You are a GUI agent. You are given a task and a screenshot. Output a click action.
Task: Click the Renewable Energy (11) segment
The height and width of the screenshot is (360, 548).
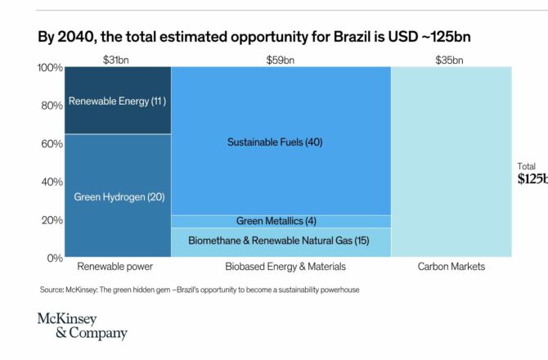pos(118,101)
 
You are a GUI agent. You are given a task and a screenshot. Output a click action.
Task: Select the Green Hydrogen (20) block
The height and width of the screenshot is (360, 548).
pos(118,196)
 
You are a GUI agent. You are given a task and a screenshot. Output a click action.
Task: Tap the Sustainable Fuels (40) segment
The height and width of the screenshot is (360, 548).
pos(281,142)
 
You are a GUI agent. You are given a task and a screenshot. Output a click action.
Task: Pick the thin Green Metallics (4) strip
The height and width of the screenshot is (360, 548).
pos(281,221)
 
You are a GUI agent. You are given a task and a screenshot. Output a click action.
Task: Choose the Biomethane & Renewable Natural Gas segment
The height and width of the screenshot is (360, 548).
pos(281,241)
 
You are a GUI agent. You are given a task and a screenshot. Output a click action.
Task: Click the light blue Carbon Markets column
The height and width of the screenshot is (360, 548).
pos(451,164)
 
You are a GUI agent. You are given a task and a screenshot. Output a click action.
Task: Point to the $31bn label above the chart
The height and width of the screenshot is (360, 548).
pos(116,59)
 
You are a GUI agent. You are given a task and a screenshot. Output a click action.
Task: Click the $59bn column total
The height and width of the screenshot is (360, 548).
pos(280,59)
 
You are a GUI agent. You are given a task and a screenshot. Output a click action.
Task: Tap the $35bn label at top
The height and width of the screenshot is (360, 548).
pos(451,59)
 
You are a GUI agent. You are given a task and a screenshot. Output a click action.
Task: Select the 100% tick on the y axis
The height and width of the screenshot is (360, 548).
pos(51,68)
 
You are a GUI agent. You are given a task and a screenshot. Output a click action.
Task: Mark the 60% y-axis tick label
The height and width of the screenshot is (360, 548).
pos(52,144)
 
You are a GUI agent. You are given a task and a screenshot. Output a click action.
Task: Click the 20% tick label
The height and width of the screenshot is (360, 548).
pos(52,220)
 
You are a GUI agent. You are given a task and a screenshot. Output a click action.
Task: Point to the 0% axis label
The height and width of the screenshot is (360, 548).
pos(55,258)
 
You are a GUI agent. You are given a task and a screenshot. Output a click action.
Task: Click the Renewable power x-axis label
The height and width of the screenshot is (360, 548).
pos(115,267)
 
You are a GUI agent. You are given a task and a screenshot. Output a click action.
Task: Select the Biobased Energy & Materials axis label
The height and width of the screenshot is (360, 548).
pos(281,267)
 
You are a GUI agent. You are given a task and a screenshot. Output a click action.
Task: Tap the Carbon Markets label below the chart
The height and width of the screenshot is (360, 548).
pos(451,267)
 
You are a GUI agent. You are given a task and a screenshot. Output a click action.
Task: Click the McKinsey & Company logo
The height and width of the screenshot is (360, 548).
pos(82,325)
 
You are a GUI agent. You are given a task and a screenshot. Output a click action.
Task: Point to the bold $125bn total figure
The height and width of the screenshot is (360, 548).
pos(532,179)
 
